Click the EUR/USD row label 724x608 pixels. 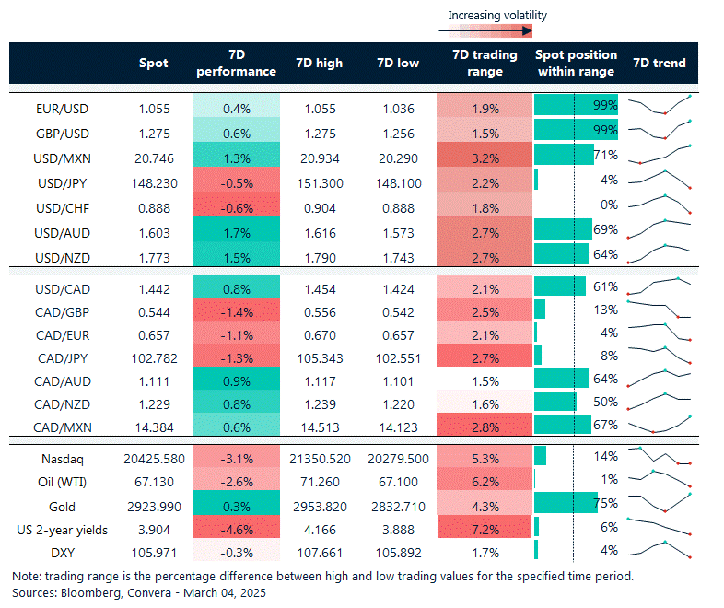[x=63, y=108]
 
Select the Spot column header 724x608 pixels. [x=154, y=63]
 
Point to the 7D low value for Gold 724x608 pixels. [x=399, y=506]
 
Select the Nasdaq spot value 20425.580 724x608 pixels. [x=154, y=459]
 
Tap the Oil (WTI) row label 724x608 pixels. [x=63, y=483]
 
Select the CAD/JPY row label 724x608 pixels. [x=63, y=354]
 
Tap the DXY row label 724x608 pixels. [x=63, y=553]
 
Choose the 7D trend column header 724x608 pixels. [x=660, y=63]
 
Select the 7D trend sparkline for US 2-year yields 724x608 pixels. [x=660, y=529]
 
